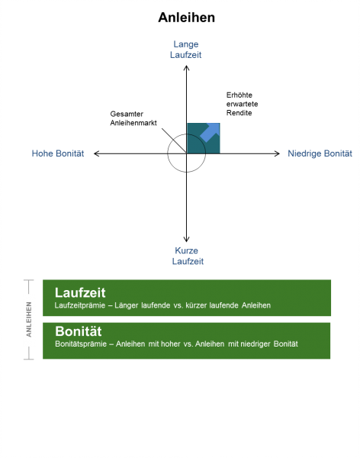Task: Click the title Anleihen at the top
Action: point(187,18)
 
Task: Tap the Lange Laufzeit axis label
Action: point(185,50)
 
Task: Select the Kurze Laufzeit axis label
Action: point(188,256)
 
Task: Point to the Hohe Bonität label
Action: point(58,153)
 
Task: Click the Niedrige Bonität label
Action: point(320,153)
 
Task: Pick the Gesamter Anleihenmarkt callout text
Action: point(133,118)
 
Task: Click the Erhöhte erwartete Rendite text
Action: point(242,104)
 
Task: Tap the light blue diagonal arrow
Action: point(210,133)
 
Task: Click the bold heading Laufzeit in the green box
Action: point(80,292)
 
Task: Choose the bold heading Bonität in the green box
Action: point(79,331)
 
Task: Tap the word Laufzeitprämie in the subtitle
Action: point(80,305)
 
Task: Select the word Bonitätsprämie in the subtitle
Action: point(81,343)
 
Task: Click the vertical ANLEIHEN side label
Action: point(29,319)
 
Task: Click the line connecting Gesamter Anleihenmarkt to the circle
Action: point(174,140)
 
